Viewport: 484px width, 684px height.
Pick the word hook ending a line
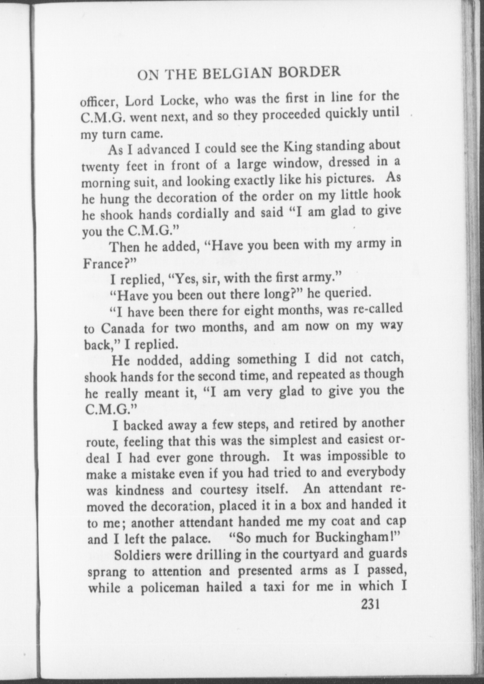tap(387, 194)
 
